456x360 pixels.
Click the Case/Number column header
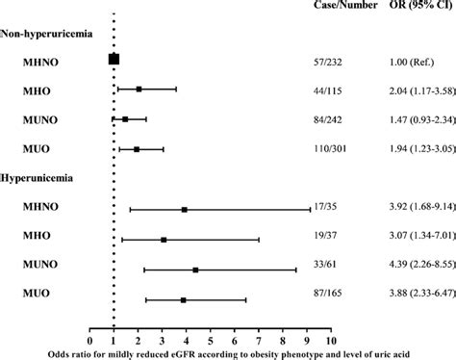tap(342, 8)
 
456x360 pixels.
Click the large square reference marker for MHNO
tap(114, 60)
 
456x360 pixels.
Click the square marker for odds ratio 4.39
tap(195, 270)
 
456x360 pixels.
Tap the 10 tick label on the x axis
tap(331, 340)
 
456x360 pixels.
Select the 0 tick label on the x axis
tap(89, 340)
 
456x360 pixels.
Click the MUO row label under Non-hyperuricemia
tap(44, 149)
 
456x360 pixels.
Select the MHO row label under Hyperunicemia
tap(44, 239)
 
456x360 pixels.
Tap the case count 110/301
tap(336, 149)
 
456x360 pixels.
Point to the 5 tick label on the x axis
tap(211, 340)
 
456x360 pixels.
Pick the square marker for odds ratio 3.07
tap(164, 240)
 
